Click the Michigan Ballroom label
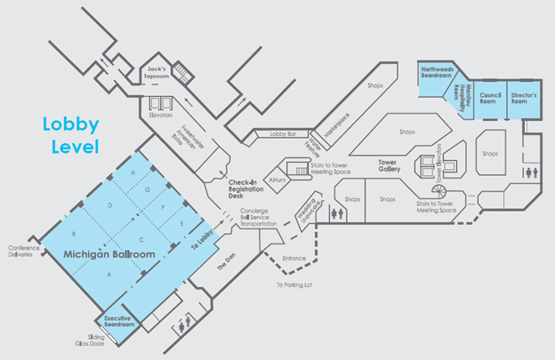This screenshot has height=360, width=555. click(x=109, y=255)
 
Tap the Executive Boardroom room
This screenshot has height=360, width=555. click(x=119, y=323)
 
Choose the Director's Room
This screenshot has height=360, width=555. click(x=525, y=100)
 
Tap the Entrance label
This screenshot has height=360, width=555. click(x=294, y=259)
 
